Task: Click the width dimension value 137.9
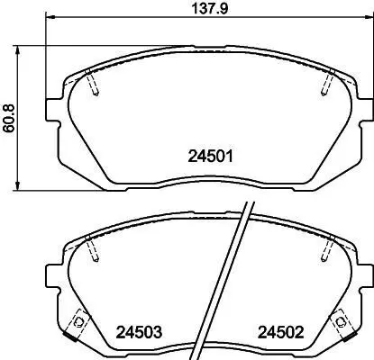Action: click(210, 9)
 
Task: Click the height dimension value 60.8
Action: click(9, 119)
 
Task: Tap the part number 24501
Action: click(211, 157)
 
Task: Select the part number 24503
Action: click(139, 332)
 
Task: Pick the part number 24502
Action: click(281, 332)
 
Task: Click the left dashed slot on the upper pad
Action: click(92, 82)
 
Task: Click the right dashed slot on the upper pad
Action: click(328, 82)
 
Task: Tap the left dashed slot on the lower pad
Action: click(92, 248)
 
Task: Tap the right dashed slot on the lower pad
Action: click(328, 248)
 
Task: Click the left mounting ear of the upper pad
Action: click(53, 110)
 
